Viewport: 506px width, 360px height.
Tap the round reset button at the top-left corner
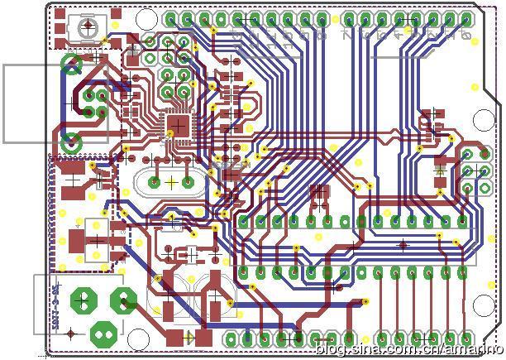click(86, 27)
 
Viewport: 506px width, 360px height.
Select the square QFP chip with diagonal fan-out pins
click(177, 126)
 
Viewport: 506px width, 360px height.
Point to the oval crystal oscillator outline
click(170, 180)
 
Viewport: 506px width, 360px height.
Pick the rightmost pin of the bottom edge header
click(465, 338)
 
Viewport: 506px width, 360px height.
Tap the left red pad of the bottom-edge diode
click(175, 338)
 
